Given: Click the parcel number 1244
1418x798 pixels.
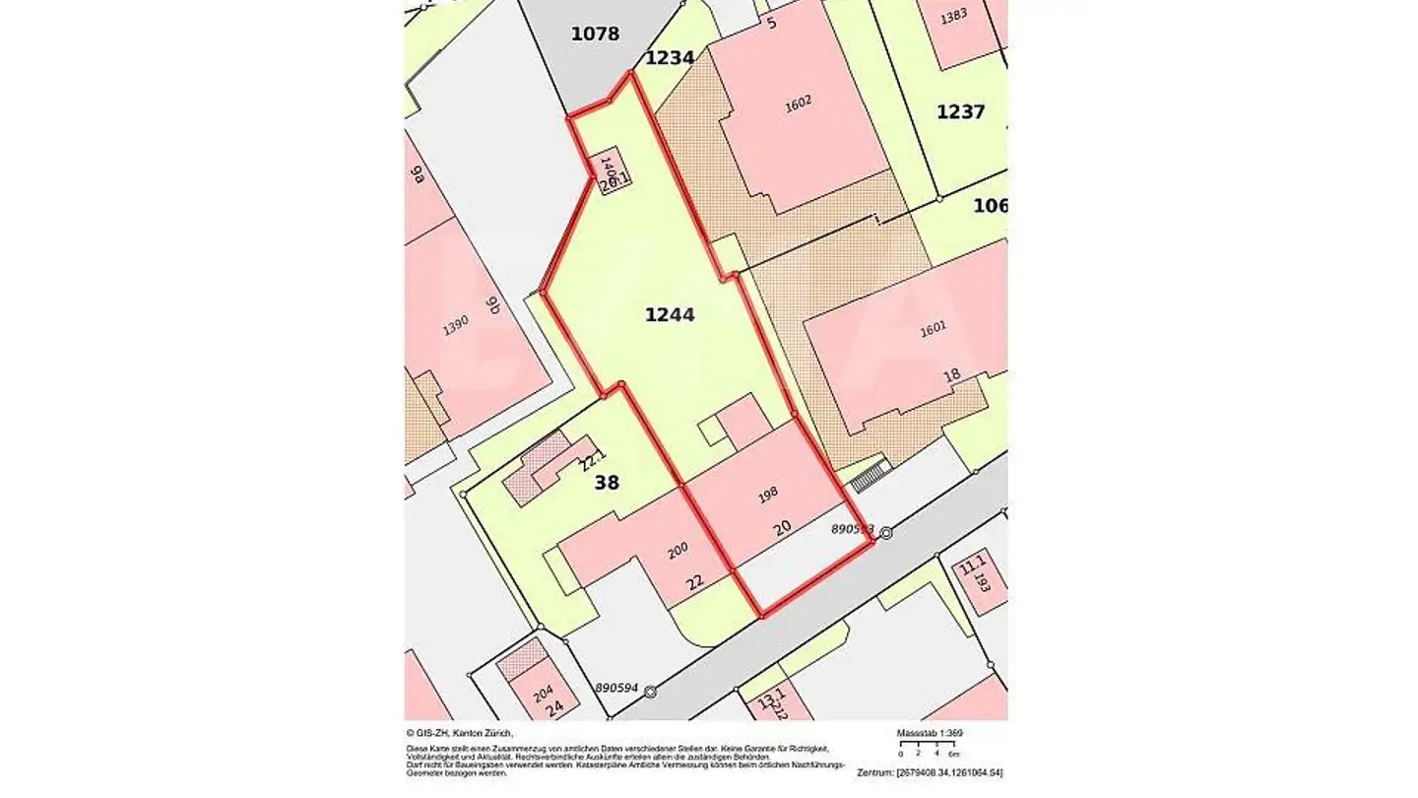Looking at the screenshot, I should click(670, 315).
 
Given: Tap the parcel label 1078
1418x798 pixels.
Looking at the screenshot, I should click(595, 34).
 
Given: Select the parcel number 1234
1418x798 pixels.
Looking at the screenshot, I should click(670, 58).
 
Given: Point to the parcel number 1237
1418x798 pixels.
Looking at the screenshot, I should click(960, 112).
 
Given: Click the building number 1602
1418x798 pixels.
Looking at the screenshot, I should click(799, 102).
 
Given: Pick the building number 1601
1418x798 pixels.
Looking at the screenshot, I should click(933, 329).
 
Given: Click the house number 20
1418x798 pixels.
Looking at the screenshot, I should click(783, 528).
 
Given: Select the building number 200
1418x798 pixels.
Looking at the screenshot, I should click(677, 552).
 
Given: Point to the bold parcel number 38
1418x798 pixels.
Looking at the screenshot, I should click(607, 483).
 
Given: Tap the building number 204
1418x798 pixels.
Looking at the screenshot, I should click(543, 694).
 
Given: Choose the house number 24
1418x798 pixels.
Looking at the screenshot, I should click(554, 707).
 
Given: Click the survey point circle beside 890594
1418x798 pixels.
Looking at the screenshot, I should click(650, 692).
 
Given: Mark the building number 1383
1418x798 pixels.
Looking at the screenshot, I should click(953, 17).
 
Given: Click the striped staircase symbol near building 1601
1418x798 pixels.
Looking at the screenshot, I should click(870, 476).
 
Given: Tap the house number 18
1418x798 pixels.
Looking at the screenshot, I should click(951, 375).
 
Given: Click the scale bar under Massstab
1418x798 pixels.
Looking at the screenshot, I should click(926, 745).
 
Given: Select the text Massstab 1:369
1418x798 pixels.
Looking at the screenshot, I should click(929, 734).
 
